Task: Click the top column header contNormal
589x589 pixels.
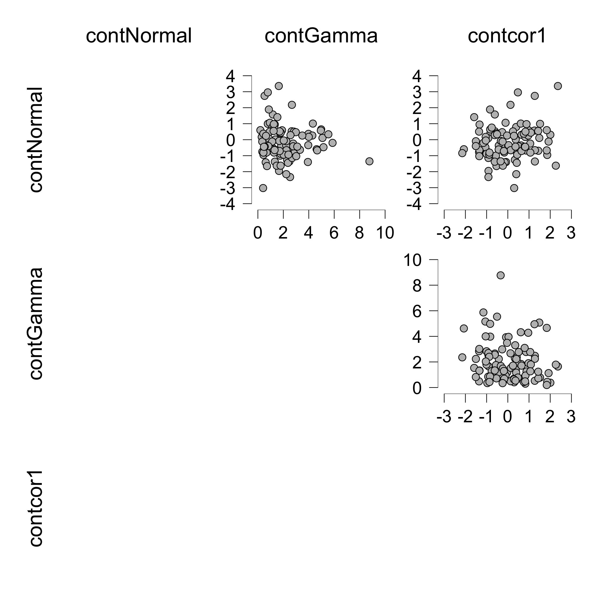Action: [139, 36]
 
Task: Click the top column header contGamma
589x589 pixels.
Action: [321, 36]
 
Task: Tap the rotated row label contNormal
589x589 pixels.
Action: [36, 140]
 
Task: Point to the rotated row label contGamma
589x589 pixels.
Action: [36, 324]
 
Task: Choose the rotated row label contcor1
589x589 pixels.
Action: [36, 509]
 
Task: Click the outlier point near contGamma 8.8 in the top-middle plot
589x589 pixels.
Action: [369, 161]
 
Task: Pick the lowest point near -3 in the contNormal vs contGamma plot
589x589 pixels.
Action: [263, 188]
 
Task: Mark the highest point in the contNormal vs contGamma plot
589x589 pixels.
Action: [279, 86]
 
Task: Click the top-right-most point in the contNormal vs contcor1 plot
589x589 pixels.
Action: [558, 86]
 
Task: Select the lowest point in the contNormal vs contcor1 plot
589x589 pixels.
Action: [514, 188]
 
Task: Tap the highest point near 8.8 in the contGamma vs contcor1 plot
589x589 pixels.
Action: [501, 275]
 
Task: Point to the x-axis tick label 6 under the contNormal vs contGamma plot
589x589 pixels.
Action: [334, 233]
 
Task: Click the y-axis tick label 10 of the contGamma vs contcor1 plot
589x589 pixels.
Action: [413, 260]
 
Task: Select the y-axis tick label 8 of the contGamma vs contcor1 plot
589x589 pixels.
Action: [417, 286]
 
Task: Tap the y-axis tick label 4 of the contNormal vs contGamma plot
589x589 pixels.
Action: [231, 76]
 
